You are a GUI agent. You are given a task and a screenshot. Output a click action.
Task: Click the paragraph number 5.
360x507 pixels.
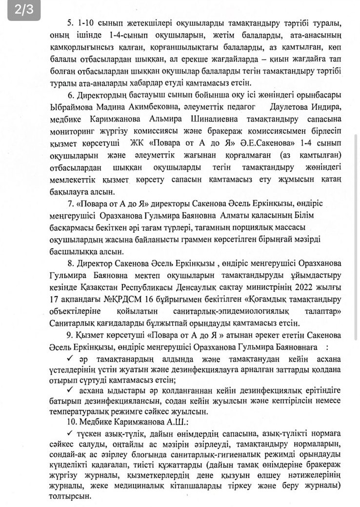pyautogui.click(x=68, y=24)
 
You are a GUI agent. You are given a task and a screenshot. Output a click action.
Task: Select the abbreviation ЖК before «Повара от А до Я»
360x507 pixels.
pyautogui.click(x=138, y=144)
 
